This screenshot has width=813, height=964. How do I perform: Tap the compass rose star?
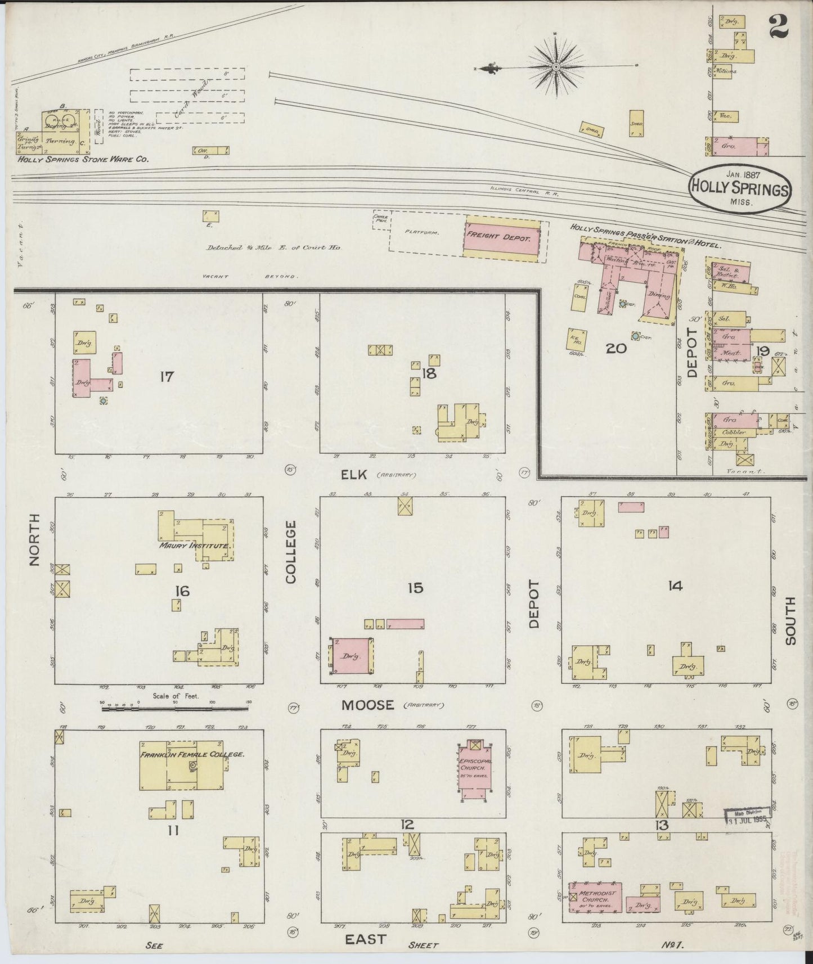pos(555,67)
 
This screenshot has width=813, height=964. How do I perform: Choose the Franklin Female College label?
pos(192,754)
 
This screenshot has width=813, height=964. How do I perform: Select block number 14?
pos(675,586)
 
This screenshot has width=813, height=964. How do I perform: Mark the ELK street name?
pos(354,475)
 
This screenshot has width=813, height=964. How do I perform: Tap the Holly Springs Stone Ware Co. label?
pos(83,160)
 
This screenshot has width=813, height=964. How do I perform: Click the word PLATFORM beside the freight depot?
pos(421,231)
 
